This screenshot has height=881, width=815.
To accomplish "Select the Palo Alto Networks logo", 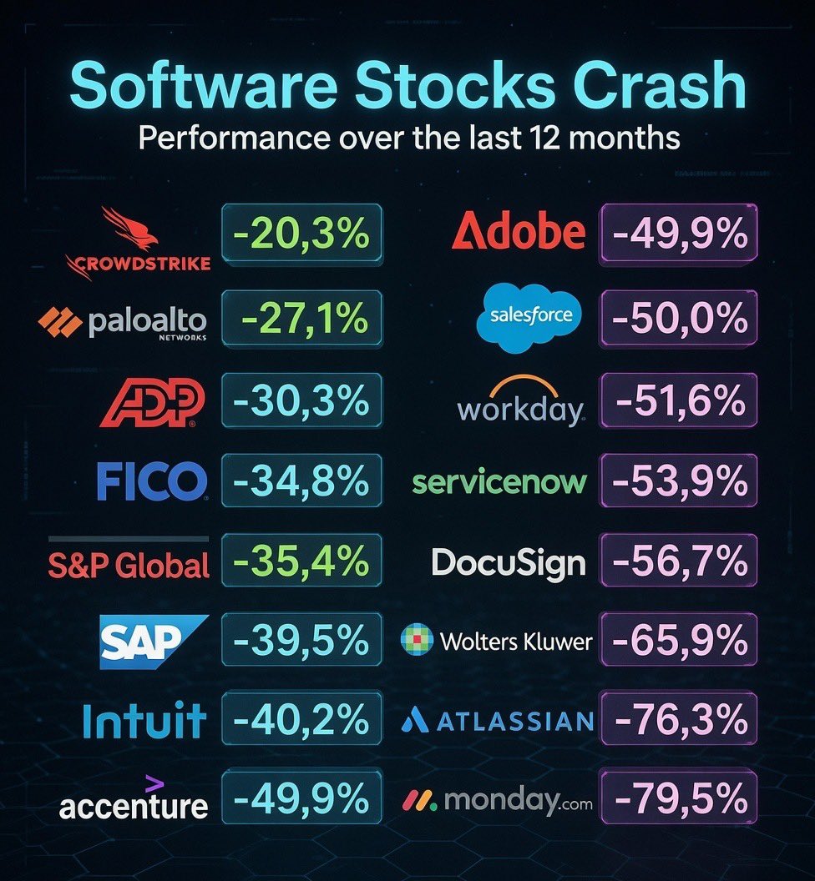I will [x=123, y=321].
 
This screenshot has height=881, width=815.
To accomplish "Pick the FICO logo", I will [x=151, y=481].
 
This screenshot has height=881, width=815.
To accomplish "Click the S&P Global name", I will [x=129, y=565].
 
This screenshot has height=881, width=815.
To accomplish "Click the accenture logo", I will [x=134, y=801].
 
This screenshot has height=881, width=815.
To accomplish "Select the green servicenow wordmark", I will [x=500, y=482].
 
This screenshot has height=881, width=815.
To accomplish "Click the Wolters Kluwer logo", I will [x=498, y=642].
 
